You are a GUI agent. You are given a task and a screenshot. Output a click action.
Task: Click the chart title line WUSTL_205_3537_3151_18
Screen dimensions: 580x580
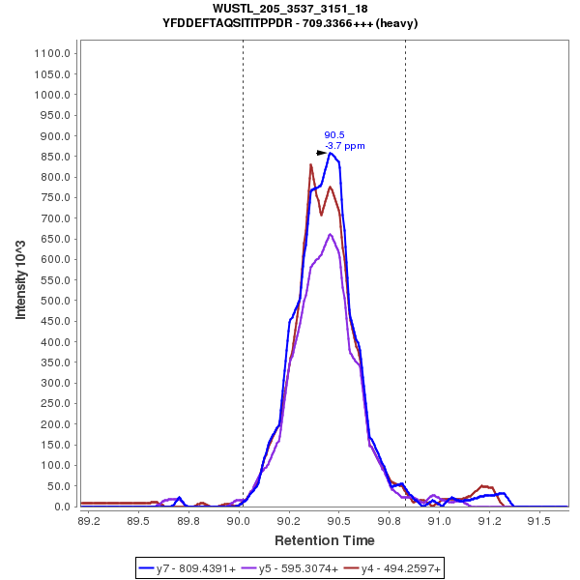290,9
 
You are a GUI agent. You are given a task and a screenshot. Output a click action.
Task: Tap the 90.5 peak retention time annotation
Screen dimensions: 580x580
333,135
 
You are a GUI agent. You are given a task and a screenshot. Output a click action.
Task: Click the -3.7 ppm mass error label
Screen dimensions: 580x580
345,146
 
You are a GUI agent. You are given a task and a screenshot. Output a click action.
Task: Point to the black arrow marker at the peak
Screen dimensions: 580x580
322,153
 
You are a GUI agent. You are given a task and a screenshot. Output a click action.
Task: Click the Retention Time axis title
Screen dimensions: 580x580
325,540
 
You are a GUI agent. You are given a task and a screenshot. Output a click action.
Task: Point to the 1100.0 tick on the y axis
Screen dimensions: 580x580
54,54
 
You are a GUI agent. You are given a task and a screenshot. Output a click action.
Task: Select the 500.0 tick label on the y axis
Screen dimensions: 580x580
57,301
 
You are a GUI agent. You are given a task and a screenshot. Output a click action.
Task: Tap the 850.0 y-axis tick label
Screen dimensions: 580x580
57,157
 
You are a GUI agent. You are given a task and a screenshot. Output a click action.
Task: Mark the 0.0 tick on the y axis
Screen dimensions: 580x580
64,507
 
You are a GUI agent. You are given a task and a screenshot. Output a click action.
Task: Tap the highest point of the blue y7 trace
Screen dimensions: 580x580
331,153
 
